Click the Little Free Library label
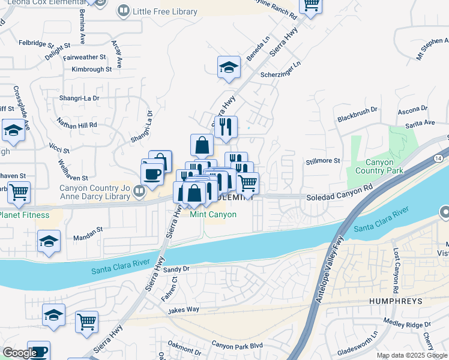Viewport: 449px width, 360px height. click(166, 11)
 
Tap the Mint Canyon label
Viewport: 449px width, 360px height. click(213, 214)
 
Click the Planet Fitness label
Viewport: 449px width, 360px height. click(23, 215)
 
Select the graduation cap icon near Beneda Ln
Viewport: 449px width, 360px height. click(229, 67)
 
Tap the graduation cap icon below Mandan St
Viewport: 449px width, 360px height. click(49, 241)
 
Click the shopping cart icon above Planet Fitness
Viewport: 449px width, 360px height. click(19, 192)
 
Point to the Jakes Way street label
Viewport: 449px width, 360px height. click(183, 310)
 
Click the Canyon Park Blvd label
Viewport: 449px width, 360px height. click(237, 345)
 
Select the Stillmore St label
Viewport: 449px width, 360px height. click(323, 161)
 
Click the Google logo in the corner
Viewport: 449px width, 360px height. click(20, 353)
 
